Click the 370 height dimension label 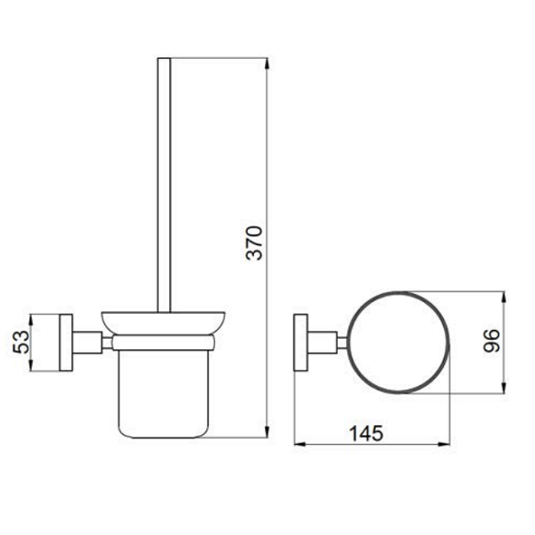pos(254,243)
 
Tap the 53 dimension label pos(21,342)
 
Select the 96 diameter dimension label pos(491,341)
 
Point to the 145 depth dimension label pos(366,433)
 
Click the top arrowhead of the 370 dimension pos(267,64)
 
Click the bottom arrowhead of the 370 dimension pos(267,432)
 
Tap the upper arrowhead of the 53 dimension pos(30,320)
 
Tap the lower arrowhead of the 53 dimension pos(30,365)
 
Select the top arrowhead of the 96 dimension pos(504,298)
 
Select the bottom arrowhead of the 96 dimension pos(504,387)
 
